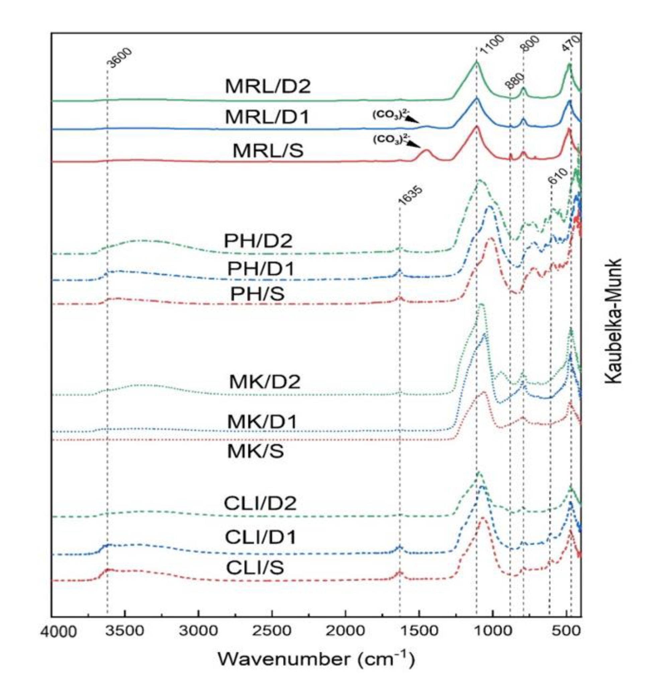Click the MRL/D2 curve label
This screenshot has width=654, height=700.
[268, 86]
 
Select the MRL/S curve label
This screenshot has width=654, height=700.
[268, 151]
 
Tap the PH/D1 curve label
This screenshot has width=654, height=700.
[260, 269]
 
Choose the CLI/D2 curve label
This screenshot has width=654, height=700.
[260, 504]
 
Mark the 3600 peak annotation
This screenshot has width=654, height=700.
[119, 58]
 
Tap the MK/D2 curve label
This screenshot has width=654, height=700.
[264, 382]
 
